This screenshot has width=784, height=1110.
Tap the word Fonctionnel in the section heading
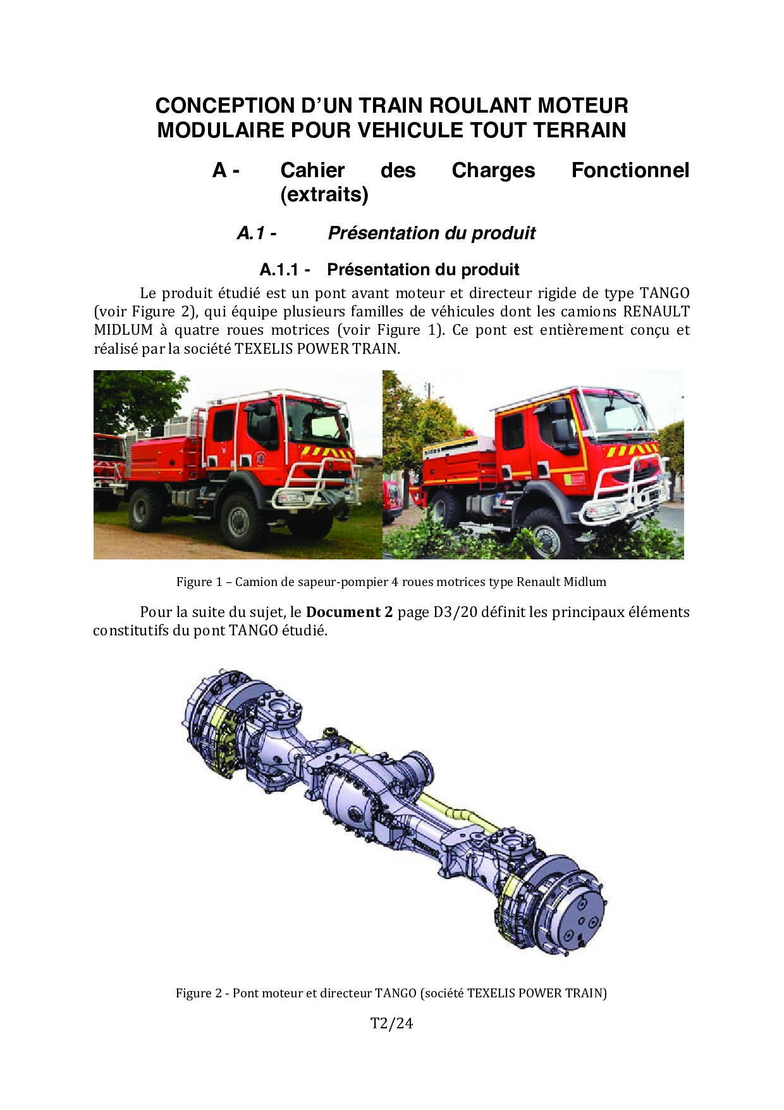[x=630, y=170]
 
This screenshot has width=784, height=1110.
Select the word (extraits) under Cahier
[x=324, y=194]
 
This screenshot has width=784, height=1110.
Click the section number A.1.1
[x=279, y=270]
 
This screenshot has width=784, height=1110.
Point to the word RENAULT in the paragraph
[x=656, y=311]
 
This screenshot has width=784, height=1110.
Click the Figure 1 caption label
[x=195, y=582]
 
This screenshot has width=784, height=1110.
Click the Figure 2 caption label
[x=195, y=994]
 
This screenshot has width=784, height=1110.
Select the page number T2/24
[x=391, y=1023]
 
